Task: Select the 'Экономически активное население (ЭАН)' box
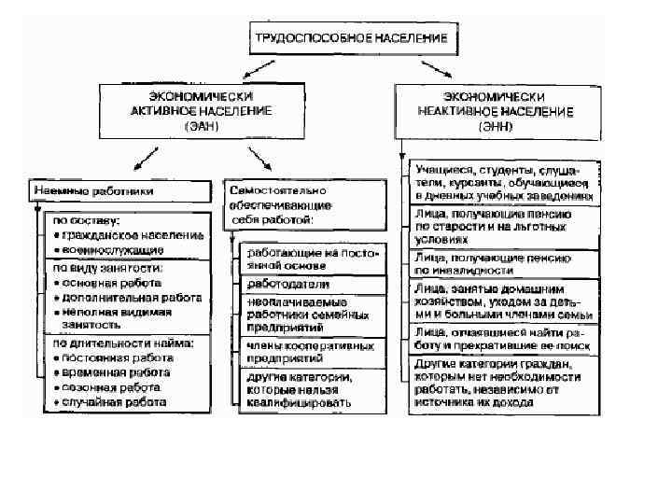pos(202,110)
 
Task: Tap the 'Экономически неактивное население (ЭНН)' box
pos(498,110)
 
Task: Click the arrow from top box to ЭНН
pos(431,68)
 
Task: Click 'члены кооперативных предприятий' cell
pos(297,350)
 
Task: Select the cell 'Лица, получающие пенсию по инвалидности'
pos(492,263)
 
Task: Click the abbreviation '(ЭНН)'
pos(498,125)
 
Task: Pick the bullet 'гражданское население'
pos(127,235)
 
